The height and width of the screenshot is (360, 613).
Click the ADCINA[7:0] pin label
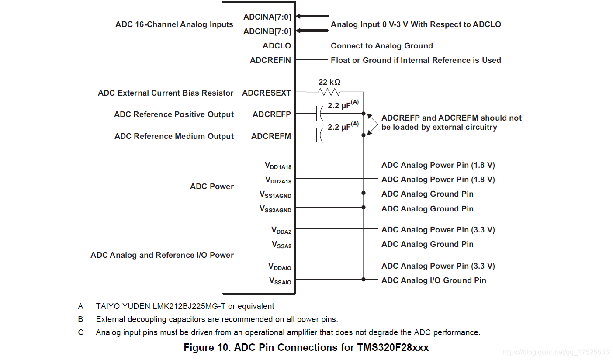267,17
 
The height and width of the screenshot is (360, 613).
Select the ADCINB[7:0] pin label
267,31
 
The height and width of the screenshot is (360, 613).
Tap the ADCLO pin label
277,46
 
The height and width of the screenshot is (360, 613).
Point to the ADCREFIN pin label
270,60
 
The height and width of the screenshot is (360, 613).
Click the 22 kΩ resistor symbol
330,92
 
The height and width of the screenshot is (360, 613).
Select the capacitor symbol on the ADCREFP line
319,114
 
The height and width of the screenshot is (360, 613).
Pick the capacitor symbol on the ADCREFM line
319,136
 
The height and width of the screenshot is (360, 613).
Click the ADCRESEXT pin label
266,93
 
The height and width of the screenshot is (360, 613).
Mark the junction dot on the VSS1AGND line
364,193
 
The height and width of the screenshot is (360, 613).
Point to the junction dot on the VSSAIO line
364,279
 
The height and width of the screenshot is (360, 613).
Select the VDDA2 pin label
281,230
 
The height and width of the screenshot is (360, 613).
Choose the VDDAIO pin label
280,267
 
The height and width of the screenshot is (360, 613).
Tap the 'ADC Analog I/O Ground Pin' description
433,280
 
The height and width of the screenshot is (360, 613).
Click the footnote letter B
80,319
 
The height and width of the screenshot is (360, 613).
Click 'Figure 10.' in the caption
207,348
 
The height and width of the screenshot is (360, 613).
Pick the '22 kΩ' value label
329,82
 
